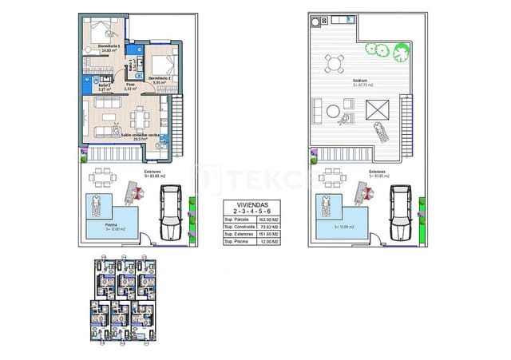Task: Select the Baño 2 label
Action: click(103, 86)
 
